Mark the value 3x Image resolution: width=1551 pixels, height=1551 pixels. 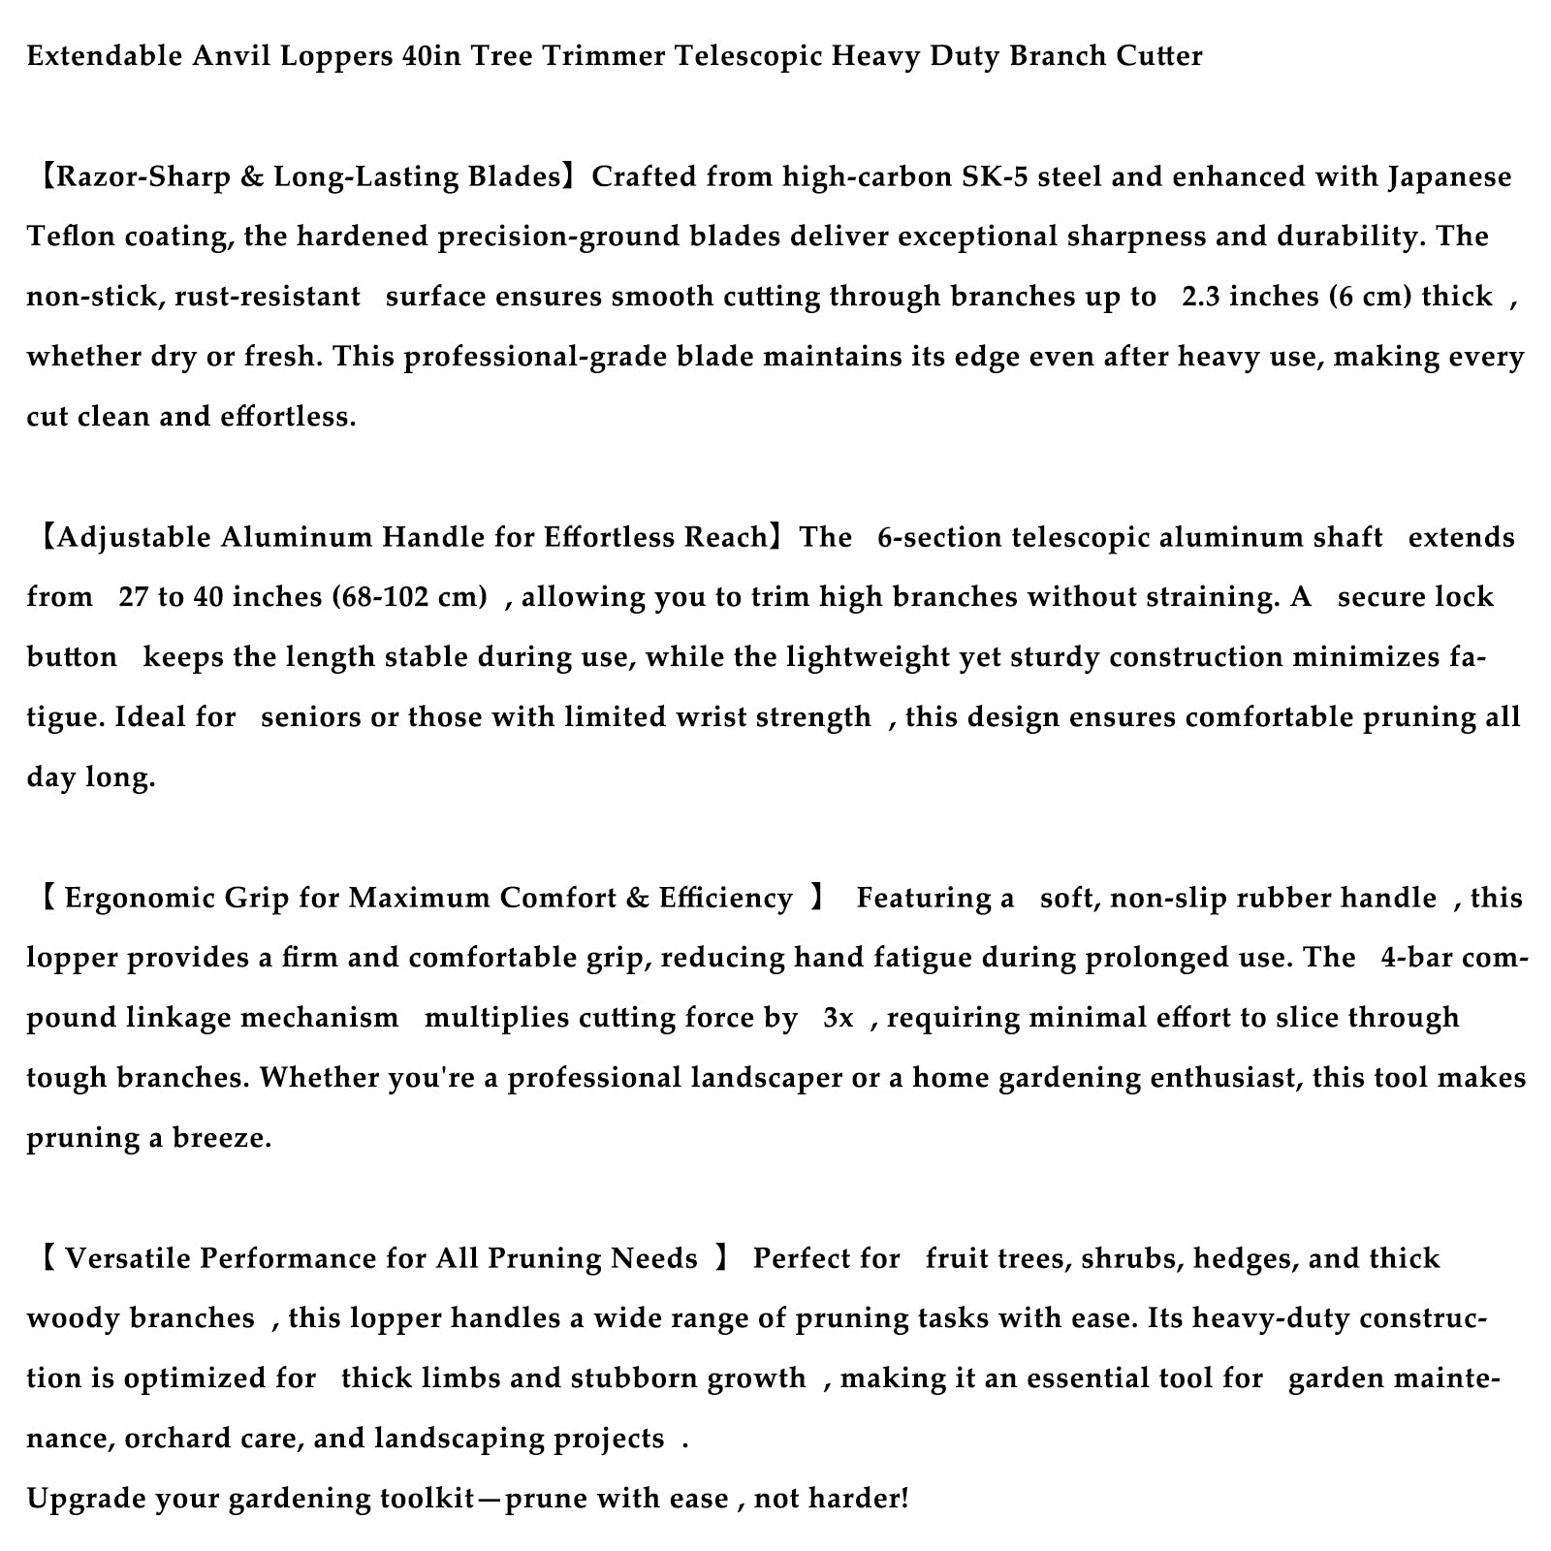[x=838, y=1019]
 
